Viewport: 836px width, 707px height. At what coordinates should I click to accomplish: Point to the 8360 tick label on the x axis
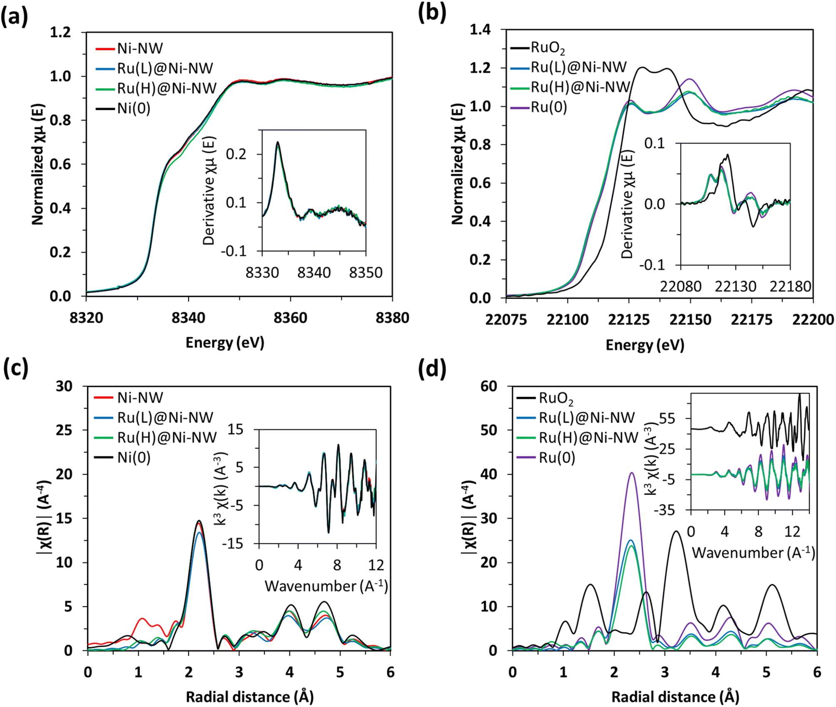click(290, 318)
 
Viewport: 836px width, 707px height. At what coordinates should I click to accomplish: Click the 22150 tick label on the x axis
click(690, 320)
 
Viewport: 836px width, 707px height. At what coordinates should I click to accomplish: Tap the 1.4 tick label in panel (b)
click(480, 30)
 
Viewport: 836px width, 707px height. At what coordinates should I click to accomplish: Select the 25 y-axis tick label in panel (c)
click(64, 430)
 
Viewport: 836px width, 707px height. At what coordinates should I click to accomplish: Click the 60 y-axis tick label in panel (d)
click(489, 386)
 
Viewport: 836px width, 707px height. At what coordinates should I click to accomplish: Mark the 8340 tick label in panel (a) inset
click(314, 273)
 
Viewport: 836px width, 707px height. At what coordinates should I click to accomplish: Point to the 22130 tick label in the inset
click(735, 286)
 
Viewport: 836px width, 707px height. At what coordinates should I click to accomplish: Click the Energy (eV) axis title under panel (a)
click(225, 342)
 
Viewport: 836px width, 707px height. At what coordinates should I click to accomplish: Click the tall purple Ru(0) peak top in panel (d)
click(632, 473)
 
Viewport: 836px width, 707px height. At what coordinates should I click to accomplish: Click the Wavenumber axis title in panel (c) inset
click(326, 586)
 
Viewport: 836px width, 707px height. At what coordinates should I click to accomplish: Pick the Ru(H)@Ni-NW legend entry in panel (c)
click(167, 437)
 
